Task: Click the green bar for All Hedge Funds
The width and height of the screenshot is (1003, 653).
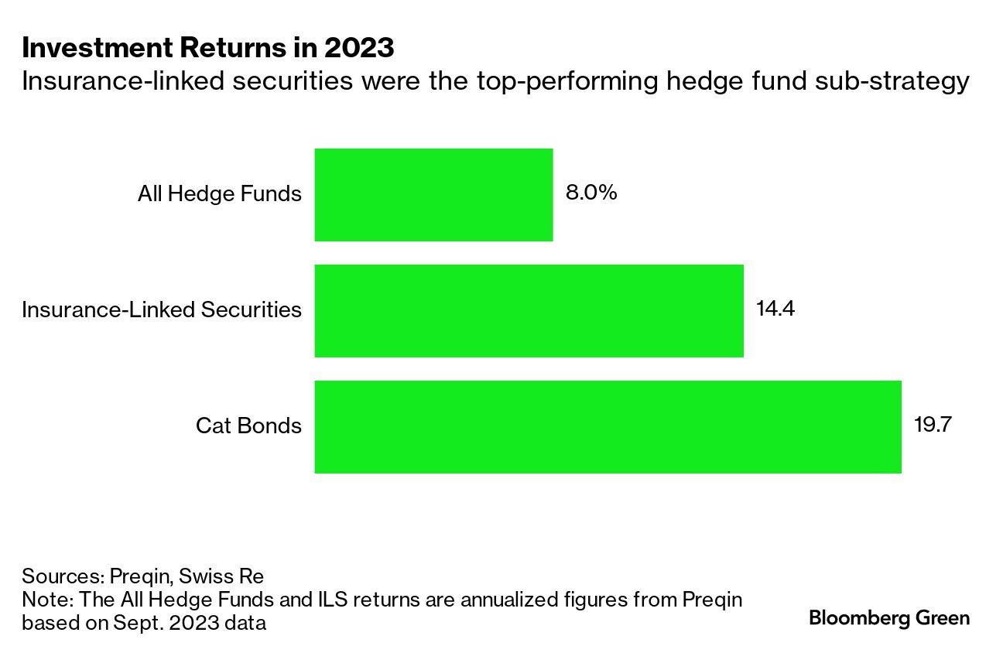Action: pos(433,195)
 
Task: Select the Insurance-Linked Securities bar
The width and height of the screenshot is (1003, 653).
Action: pos(529,311)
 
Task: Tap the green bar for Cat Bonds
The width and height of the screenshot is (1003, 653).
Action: pos(608,427)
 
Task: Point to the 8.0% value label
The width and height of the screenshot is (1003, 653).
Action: pos(591,193)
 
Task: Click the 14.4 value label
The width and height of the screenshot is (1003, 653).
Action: pos(775,309)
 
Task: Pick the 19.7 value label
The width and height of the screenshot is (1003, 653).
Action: pos(932,425)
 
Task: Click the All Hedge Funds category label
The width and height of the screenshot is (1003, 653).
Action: pos(220,193)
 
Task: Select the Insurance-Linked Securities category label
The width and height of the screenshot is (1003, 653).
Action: pos(162,309)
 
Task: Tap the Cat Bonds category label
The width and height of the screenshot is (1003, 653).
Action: pos(248,426)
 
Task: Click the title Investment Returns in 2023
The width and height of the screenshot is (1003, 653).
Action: pos(208,48)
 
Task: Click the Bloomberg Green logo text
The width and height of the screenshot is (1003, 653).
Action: pos(888,617)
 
